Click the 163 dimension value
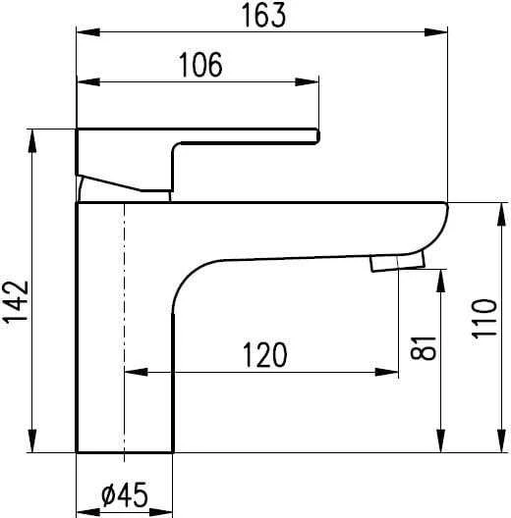pyautogui.click(x=263, y=15)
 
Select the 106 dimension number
pyautogui.click(x=200, y=65)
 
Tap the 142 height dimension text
pyautogui.click(x=16, y=301)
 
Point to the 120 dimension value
pyautogui.click(x=264, y=355)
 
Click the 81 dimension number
pyautogui.click(x=423, y=348)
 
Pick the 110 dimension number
pyautogui.click(x=484, y=319)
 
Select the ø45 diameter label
pyautogui.click(x=125, y=494)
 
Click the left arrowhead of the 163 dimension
pyautogui.click(x=88, y=32)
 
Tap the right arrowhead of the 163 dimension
pyautogui.click(x=436, y=32)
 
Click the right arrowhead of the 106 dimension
pyautogui.click(x=307, y=81)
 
